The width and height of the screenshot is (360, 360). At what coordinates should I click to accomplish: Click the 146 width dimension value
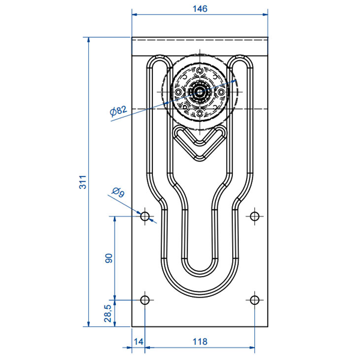tap(200, 8)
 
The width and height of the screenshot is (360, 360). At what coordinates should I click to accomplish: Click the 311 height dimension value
tap(82, 182)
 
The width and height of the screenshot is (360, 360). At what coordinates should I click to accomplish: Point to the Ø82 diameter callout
tap(118, 110)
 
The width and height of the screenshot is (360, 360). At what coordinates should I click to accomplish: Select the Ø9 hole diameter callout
tap(118, 193)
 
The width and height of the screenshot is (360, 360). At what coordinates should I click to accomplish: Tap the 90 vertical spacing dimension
tap(109, 257)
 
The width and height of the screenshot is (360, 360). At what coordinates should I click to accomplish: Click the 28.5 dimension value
tap(107, 314)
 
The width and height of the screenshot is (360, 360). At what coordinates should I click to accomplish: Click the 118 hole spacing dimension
tap(200, 341)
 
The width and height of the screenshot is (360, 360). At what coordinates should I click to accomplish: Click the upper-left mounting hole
tap(145, 215)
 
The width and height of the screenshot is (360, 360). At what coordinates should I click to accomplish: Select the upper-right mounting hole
tap(255, 215)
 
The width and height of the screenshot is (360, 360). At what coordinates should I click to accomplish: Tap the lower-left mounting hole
tap(145, 299)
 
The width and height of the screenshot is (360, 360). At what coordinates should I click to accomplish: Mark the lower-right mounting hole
tap(255, 299)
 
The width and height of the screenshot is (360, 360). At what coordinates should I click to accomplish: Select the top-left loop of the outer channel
tap(157, 62)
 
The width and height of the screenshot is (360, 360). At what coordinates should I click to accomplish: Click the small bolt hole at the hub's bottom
tap(199, 112)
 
